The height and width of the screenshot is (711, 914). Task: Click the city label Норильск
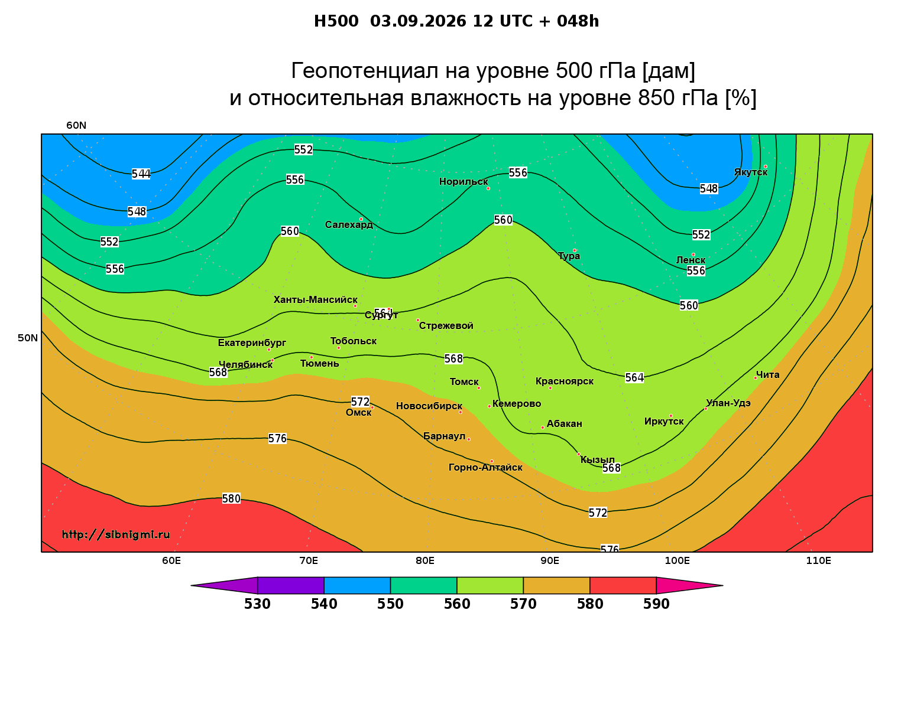point(464,181)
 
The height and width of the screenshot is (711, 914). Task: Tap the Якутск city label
point(751,172)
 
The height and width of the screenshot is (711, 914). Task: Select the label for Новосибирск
point(429,406)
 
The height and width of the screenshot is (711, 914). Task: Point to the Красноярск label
point(565,381)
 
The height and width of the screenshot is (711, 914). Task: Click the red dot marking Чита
point(756,378)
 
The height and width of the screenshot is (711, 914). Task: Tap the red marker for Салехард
point(361,219)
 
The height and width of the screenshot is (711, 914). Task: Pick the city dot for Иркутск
point(671,416)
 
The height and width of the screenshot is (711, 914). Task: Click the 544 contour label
point(141,174)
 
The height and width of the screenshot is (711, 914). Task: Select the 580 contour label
point(231,498)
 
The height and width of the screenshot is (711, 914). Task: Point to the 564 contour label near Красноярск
point(634,377)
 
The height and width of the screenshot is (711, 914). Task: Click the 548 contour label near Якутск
point(709,188)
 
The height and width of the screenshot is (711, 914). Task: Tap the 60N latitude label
point(76,125)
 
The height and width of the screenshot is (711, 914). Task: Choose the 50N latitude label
point(28,338)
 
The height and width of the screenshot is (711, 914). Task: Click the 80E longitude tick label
point(425,560)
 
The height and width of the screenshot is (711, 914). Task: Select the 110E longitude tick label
point(818,560)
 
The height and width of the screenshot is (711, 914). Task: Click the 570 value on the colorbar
point(523,604)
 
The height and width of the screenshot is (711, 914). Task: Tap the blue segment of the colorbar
point(357,585)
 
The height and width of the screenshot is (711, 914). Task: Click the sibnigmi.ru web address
point(116,534)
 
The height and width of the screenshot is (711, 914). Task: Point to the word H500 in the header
point(336,21)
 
